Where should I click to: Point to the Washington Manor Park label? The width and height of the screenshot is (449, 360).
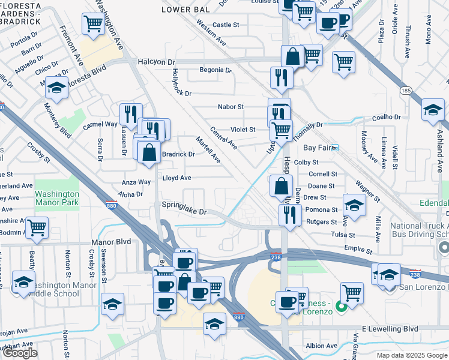(57, 199)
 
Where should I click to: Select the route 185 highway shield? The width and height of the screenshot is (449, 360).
(407, 90)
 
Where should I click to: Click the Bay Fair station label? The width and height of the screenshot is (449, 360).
(318, 147)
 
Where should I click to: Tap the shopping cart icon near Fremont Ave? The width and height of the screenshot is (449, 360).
(93, 24)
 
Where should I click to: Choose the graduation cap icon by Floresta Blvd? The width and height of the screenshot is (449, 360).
(56, 87)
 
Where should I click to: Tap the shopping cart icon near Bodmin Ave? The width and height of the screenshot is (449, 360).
(37, 228)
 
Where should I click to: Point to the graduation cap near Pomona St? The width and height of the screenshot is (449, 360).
(354, 205)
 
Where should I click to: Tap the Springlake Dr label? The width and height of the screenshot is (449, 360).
(184, 212)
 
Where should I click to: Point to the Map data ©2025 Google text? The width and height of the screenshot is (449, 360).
(412, 355)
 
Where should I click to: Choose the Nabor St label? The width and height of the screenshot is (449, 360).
(231, 107)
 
